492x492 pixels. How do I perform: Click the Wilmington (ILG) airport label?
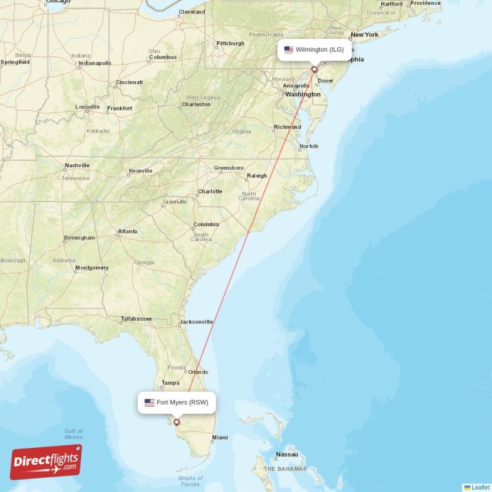coord(319,49)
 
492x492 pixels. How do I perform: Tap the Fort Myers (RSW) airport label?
coord(182,403)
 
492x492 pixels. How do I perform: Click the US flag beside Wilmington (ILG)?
coord(288,49)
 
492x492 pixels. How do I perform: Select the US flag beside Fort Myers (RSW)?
coord(149,403)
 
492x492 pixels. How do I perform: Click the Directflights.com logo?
coord(46,462)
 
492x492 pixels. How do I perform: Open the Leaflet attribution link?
coord(480,487)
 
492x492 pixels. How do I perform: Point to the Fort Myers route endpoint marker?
coord(177,422)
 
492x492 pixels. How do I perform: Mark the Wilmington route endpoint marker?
coord(314,69)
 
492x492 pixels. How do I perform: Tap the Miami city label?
coord(220,438)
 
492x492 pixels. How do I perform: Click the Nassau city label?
coord(287,454)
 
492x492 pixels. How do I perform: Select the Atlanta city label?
coord(128,231)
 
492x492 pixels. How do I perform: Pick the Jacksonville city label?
coord(196,322)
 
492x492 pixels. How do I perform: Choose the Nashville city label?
coord(77,165)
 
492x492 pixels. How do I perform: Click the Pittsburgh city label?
coord(230,44)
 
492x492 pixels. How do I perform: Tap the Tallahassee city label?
coord(136,319)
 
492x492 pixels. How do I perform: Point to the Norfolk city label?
coord(309,146)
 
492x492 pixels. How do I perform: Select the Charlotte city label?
coord(210,191)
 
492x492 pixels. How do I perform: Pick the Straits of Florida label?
coord(190,482)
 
